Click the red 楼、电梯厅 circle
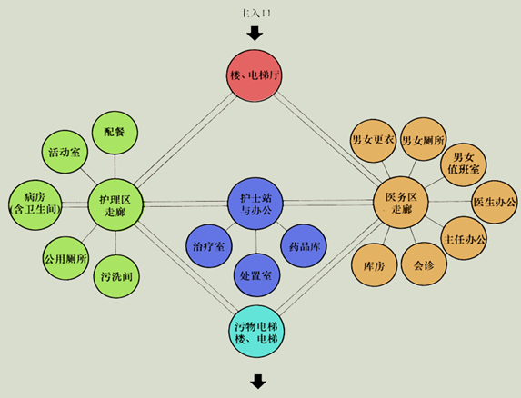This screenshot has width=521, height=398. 255,75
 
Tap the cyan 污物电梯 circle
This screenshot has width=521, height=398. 256,332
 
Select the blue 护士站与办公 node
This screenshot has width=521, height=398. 255,204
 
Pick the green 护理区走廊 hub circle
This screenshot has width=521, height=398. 115,204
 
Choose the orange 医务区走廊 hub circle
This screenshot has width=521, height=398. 401,202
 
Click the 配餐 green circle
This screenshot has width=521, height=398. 115,133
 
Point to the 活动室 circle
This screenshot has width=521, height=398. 65,152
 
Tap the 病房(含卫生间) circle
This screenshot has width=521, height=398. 35,204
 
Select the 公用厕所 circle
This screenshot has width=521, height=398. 66,258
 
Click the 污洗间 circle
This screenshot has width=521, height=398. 116,276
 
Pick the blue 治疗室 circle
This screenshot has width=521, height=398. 209,246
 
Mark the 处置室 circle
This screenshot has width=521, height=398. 256,274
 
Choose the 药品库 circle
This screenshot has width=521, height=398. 304,245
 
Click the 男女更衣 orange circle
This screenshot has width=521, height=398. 373,141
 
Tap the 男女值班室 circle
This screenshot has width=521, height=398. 464,164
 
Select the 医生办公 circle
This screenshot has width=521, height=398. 495,202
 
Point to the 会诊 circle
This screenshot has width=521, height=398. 424,264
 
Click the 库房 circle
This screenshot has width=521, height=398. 375,265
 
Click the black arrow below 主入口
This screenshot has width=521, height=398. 255,34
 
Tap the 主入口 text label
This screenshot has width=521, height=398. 255,14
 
